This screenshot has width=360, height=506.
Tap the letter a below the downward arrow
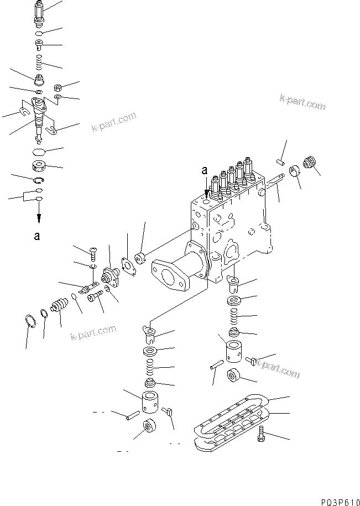[37, 236]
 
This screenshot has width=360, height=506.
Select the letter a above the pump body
[205, 172]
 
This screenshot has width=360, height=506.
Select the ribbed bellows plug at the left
[58, 305]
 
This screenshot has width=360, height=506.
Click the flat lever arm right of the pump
[275, 183]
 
